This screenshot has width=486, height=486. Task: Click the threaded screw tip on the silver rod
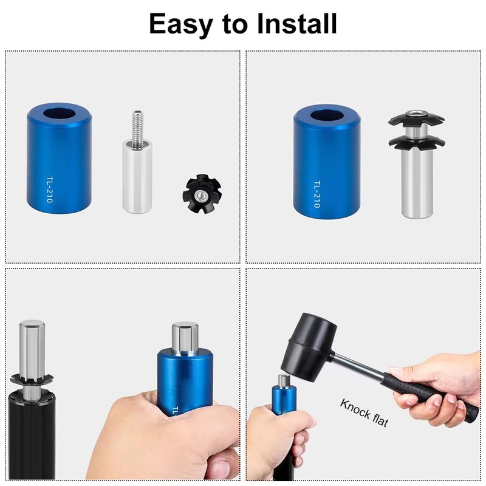pos(138,126)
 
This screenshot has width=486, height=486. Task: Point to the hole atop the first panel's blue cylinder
pos(59,114)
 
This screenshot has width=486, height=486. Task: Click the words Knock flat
pos(364,413)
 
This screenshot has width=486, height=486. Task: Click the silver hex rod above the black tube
pos(32,346)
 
